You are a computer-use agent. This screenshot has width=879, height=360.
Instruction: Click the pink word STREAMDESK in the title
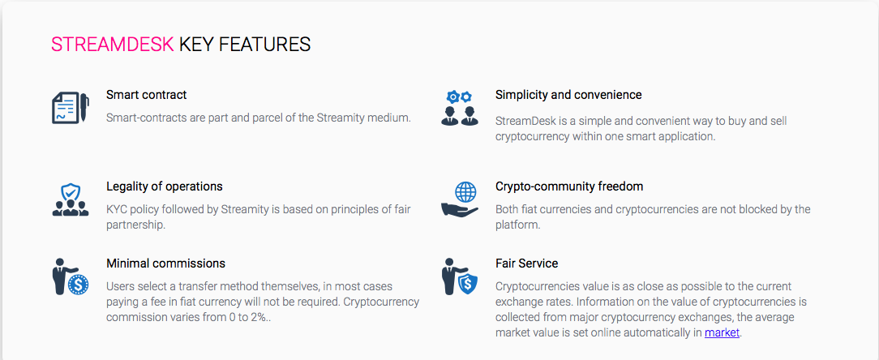click(112, 45)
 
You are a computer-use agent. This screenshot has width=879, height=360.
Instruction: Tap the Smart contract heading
click(146, 95)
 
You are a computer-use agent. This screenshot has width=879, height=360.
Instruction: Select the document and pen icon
click(70, 108)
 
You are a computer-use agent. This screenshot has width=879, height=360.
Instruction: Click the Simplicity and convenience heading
click(568, 95)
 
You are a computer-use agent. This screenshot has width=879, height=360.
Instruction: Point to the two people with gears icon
click(460, 108)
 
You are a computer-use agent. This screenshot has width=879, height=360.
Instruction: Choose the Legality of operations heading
click(165, 186)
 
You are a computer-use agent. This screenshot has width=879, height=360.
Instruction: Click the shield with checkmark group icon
click(70, 200)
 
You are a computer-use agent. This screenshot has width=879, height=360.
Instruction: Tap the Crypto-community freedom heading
click(569, 186)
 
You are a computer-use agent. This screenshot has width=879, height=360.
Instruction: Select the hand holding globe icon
click(460, 199)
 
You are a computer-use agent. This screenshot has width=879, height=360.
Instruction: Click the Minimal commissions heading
click(166, 263)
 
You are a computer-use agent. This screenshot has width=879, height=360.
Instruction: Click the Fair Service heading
click(526, 263)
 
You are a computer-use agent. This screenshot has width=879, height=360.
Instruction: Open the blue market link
click(722, 332)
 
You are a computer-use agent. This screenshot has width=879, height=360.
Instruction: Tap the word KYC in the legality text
click(117, 210)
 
